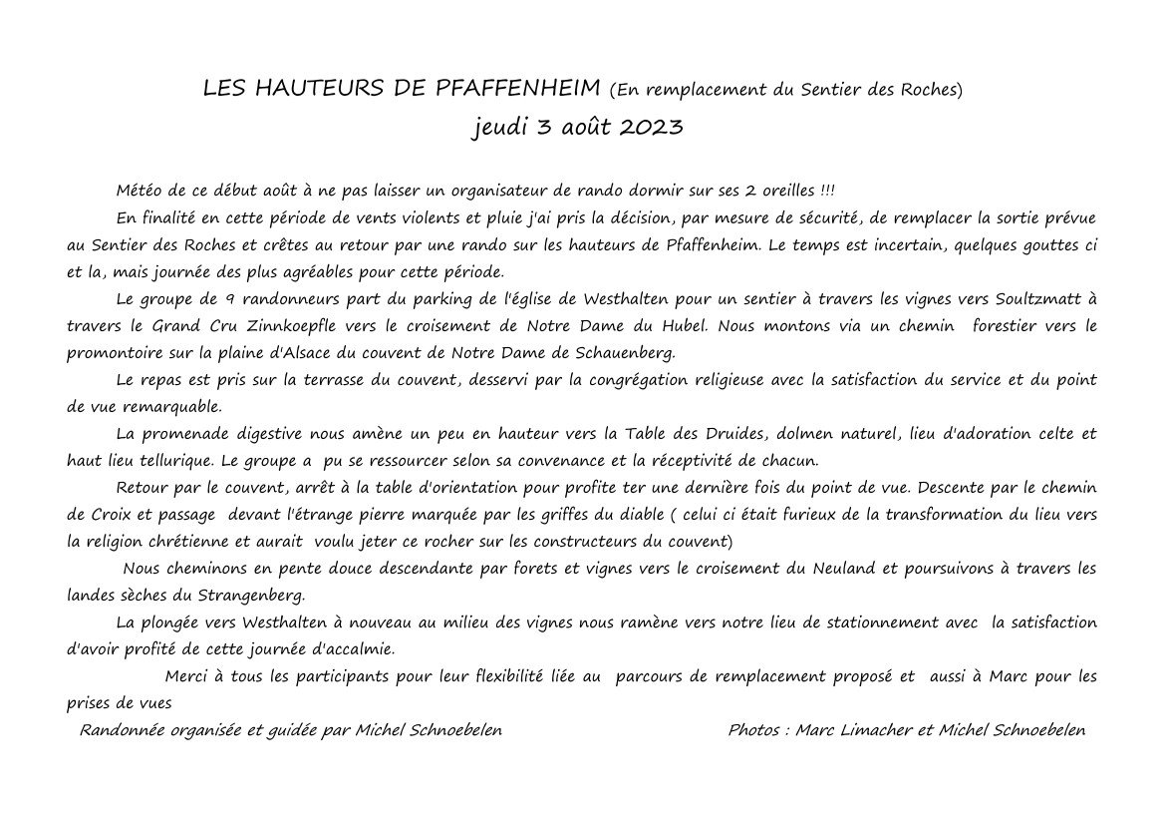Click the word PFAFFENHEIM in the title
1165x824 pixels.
click(518, 89)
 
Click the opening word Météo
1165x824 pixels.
click(140, 191)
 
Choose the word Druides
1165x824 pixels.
click(734, 434)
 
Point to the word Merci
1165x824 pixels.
click(185, 676)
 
